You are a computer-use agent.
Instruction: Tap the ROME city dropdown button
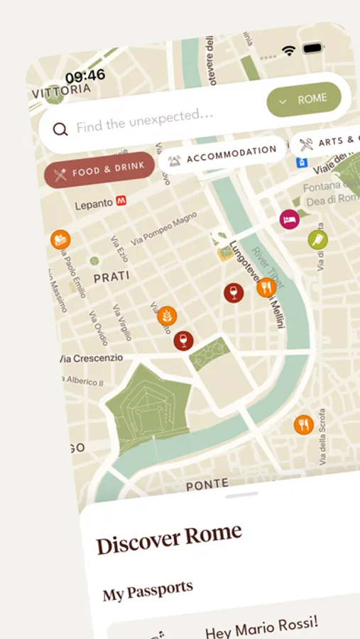304,101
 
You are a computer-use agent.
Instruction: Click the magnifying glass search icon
60,129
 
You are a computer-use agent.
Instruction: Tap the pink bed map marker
289,219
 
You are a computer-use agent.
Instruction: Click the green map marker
317,240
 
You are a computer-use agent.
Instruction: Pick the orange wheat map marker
168,315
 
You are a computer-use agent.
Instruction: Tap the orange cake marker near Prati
60,240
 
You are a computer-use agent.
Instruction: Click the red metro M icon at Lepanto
122,202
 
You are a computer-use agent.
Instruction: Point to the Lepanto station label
94,204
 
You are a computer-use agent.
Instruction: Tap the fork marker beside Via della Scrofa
304,425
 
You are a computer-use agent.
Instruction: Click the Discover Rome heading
169,540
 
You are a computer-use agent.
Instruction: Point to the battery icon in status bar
313,49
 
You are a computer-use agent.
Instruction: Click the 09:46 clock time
85,75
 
